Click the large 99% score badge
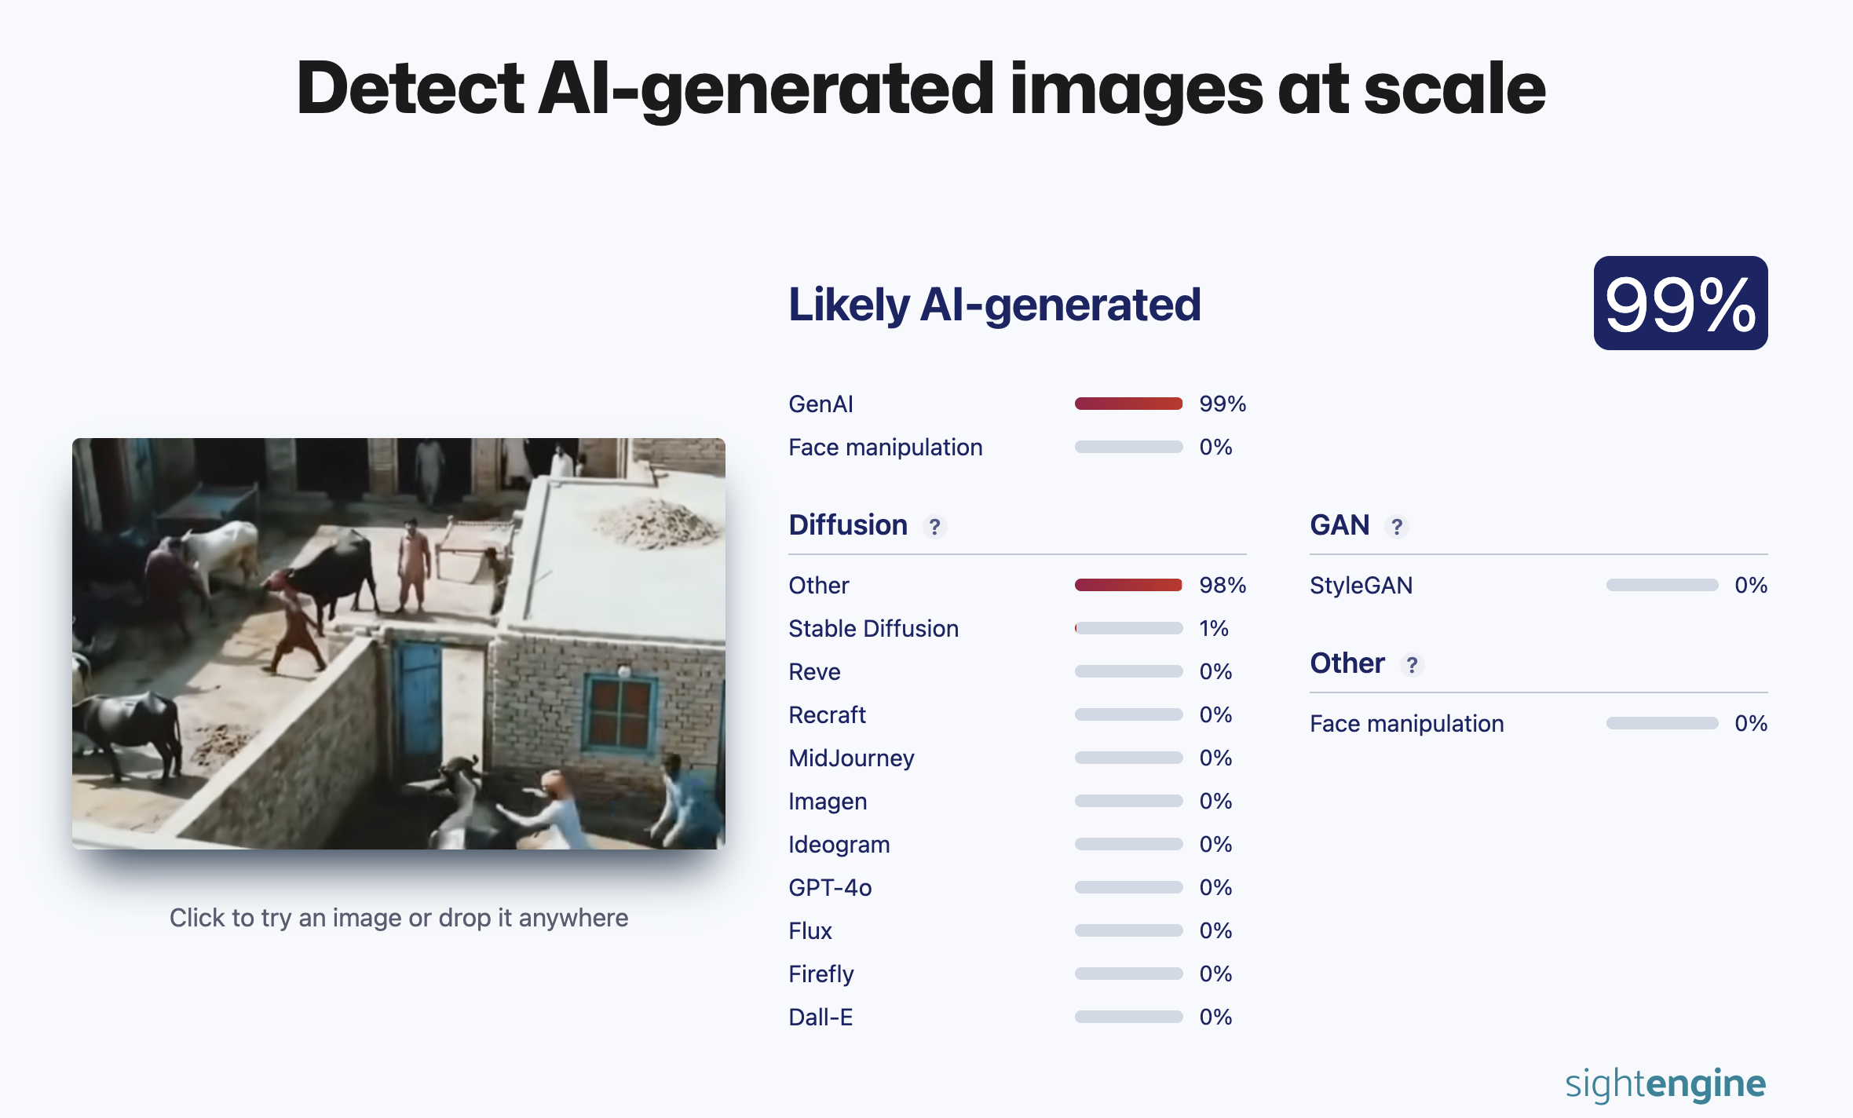(1680, 303)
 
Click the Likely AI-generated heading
(995, 305)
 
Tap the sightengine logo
(1665, 1084)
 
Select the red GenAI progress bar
(1128, 404)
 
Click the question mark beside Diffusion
(934, 526)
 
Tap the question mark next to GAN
(1397, 526)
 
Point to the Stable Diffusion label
(873, 628)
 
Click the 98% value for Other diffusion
(1223, 585)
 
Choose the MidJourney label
(851, 758)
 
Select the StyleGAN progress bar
(1661, 585)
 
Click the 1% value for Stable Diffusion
(1214, 628)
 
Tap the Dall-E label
(821, 1017)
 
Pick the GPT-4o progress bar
(1128, 887)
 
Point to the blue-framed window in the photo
(620, 713)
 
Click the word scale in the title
(1455, 88)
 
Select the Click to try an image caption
(399, 918)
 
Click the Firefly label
(821, 974)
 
